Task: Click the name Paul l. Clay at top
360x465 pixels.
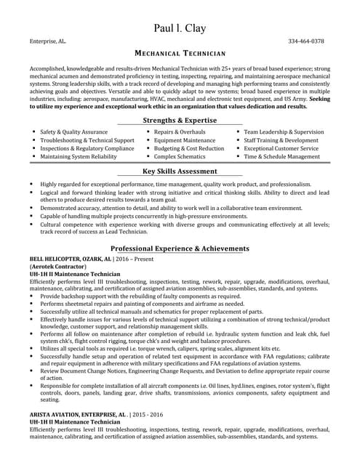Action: pos(180,28)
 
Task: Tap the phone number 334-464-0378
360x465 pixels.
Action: pos(306,41)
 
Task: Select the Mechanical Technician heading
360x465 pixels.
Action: pos(180,54)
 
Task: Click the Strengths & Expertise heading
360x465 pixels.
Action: pos(180,120)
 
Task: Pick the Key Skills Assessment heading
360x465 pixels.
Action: pos(180,171)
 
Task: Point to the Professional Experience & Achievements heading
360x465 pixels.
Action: pos(180,248)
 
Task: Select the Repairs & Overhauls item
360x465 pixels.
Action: pos(180,132)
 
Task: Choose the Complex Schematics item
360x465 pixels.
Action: pos(180,156)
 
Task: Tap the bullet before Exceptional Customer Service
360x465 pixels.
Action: pos(237,148)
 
